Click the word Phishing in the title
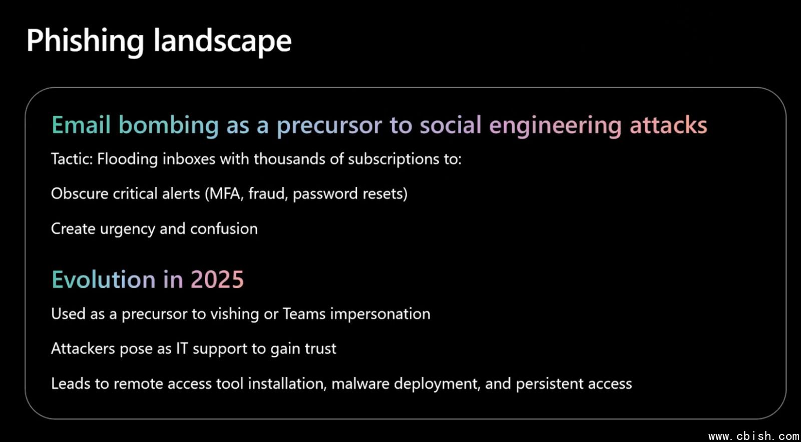(x=85, y=42)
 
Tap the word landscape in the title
(x=222, y=42)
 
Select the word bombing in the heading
(x=168, y=126)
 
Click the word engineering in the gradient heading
(x=555, y=126)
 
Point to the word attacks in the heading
(x=668, y=125)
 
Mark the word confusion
(x=224, y=229)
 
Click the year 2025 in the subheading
(x=217, y=280)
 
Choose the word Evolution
(x=104, y=280)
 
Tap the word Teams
(x=304, y=314)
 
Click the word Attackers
(x=83, y=349)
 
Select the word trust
(x=320, y=349)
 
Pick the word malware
(x=360, y=384)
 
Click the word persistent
(x=549, y=384)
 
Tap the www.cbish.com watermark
(x=754, y=436)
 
